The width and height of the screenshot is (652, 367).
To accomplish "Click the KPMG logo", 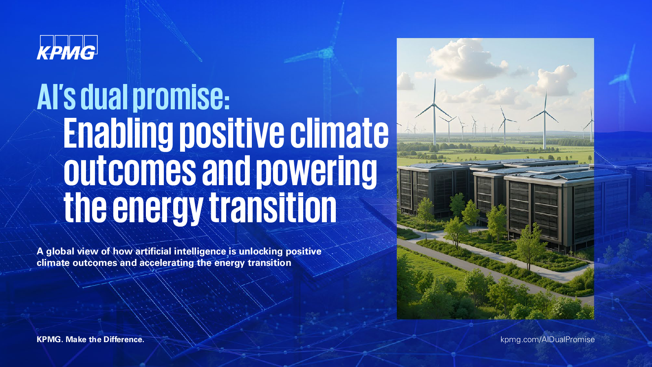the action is (x=67, y=47).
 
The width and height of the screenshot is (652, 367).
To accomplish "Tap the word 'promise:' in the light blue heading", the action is (x=181, y=97).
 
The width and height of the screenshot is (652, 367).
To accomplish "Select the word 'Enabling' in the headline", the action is (x=118, y=134).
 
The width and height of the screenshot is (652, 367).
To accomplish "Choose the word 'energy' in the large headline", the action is (x=157, y=208).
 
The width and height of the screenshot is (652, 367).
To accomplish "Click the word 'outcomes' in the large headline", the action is (x=130, y=170).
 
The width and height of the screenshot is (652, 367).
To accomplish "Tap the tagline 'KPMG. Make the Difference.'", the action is (x=90, y=340).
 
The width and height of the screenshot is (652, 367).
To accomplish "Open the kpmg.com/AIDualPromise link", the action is (x=548, y=340).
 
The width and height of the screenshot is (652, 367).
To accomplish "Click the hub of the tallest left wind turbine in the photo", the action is (x=434, y=104).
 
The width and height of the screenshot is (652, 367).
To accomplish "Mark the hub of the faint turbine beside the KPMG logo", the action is (x=326, y=53).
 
